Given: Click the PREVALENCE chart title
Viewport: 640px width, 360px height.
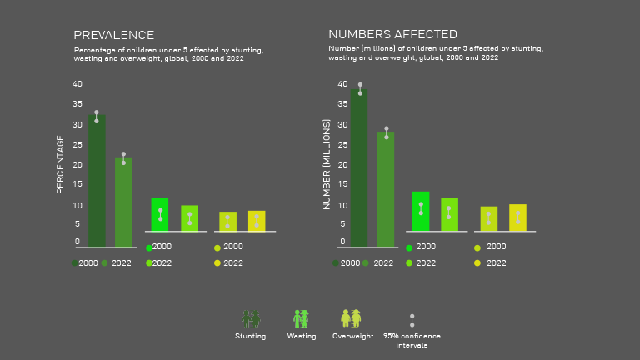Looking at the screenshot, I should coord(113,35).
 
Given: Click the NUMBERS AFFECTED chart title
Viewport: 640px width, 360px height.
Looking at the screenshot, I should coord(392,34).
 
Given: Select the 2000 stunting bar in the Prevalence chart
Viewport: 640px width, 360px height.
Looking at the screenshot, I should coord(97,181).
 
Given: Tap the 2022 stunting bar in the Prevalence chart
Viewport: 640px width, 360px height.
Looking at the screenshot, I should coord(123,202).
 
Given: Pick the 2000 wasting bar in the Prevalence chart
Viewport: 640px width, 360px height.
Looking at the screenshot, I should coord(160,214).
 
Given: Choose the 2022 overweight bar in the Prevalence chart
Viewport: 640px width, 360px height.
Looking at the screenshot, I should coord(257,221).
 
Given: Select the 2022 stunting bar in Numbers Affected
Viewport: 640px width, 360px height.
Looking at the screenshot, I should coord(386,189).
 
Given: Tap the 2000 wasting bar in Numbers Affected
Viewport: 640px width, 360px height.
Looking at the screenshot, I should coord(421,212).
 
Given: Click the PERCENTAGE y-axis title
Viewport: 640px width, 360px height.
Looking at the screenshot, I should coord(60,164).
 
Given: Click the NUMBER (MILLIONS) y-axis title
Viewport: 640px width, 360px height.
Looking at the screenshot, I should coord(327,164).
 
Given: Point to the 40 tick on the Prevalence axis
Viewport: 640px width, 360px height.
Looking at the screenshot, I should coord(77,84).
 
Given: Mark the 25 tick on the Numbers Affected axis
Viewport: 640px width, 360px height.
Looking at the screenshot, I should coord(342,144).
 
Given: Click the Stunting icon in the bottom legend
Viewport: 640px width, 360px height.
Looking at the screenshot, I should coord(251,318).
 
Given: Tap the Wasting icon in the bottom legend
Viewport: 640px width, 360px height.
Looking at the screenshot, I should coord(302,318).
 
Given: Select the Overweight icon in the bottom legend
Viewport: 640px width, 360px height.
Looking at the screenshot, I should coord(351,318).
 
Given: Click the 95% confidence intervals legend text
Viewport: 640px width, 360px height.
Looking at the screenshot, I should coord(412,340).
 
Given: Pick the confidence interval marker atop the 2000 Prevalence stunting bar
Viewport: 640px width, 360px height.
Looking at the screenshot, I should coord(97,116).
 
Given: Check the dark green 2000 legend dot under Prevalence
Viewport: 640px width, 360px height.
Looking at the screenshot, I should coord(74,262).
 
